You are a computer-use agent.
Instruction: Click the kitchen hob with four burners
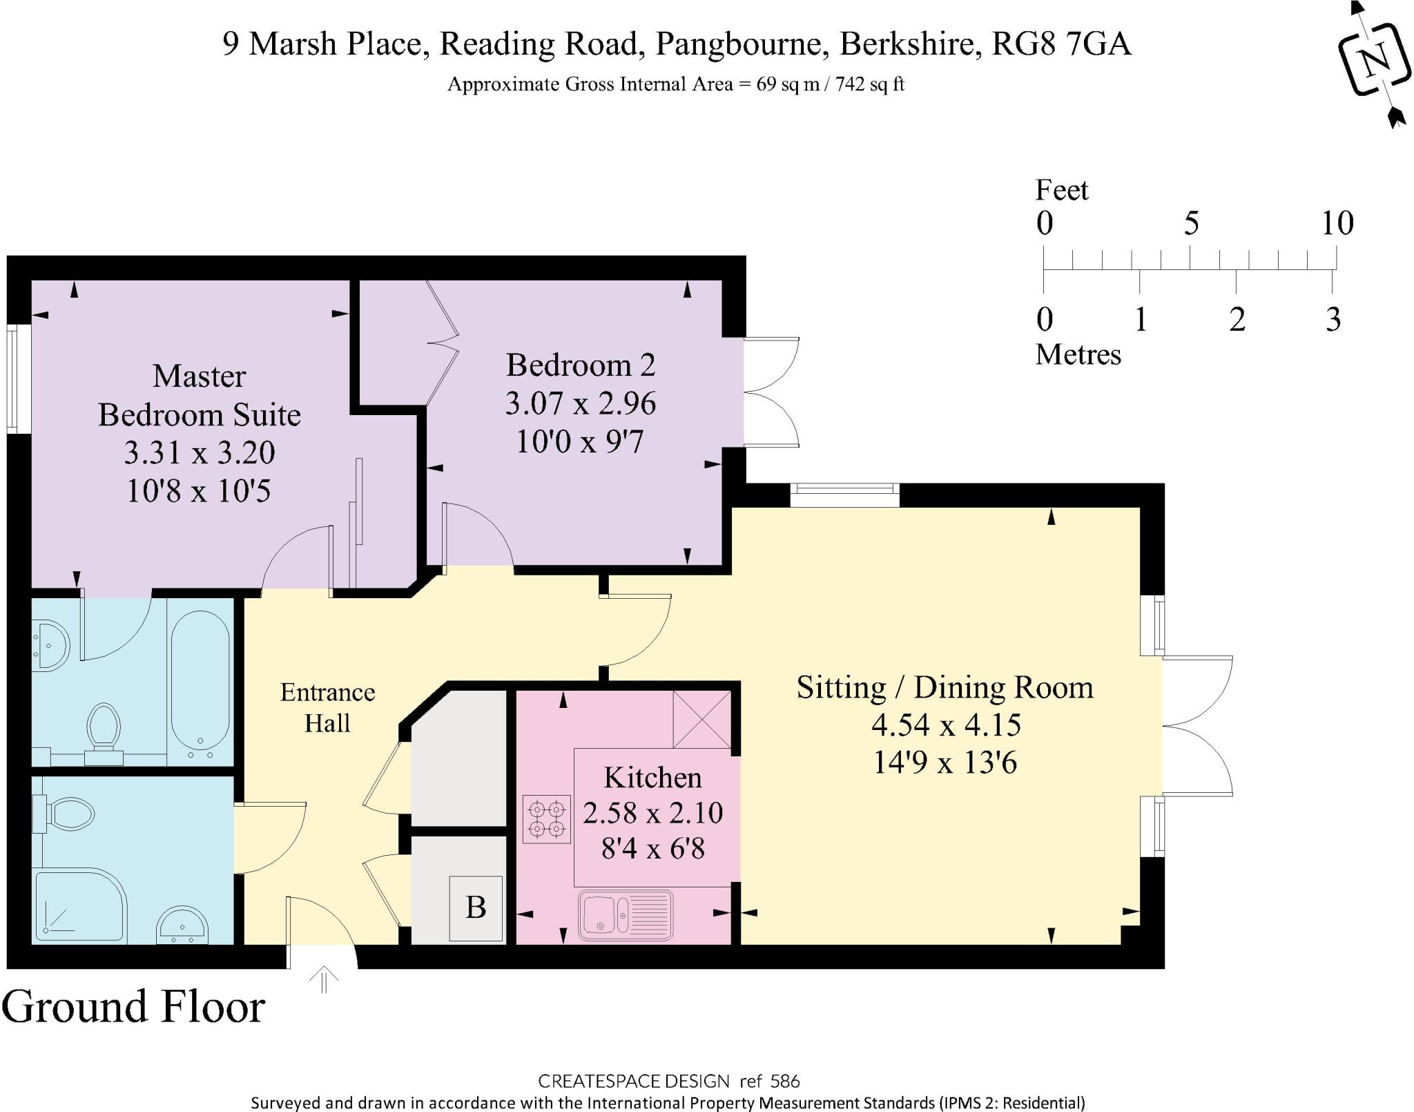tap(548, 819)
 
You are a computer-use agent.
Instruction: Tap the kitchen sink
tap(626, 915)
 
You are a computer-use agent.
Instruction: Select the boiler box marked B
tap(476, 908)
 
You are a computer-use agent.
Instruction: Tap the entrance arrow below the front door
tap(324, 980)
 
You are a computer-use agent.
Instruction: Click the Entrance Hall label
tap(327, 707)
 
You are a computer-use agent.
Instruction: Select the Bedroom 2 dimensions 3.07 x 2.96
tap(581, 403)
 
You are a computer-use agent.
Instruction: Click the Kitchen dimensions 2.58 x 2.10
tap(652, 813)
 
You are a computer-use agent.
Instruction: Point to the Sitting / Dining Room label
tap(945, 687)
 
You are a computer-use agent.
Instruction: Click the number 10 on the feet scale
tap(1337, 222)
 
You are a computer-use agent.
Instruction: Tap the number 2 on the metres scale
tap(1237, 319)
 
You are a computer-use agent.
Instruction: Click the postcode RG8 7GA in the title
tap(1061, 44)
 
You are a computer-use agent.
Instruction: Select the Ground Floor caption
tap(133, 1006)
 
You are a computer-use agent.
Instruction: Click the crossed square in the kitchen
tap(701, 719)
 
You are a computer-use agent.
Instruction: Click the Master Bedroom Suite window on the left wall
tap(12, 379)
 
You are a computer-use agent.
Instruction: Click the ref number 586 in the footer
tap(785, 1081)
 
